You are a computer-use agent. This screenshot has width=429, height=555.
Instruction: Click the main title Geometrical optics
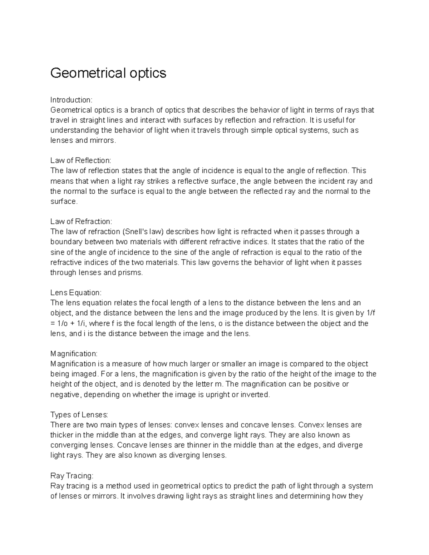(108, 73)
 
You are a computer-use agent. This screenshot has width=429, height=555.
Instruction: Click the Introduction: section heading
(71, 100)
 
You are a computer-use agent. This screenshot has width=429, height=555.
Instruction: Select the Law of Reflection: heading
(81, 160)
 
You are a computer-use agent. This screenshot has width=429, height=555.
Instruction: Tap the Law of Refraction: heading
(81, 222)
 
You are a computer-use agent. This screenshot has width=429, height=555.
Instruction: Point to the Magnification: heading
(74, 354)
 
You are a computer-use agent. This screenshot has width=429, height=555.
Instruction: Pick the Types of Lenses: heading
(79, 415)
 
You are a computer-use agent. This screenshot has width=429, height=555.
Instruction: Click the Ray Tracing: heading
(71, 476)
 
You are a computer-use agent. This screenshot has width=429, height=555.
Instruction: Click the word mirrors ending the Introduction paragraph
(104, 140)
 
